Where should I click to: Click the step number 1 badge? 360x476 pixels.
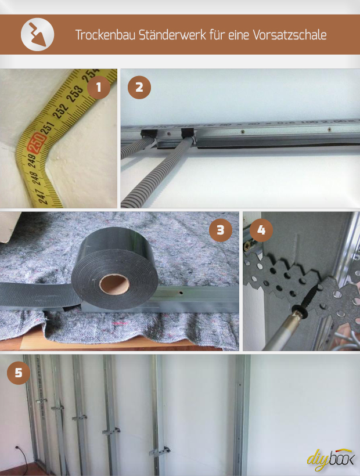(99, 88)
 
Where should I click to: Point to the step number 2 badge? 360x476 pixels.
(139, 88)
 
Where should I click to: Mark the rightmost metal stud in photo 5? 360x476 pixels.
(241, 415)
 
